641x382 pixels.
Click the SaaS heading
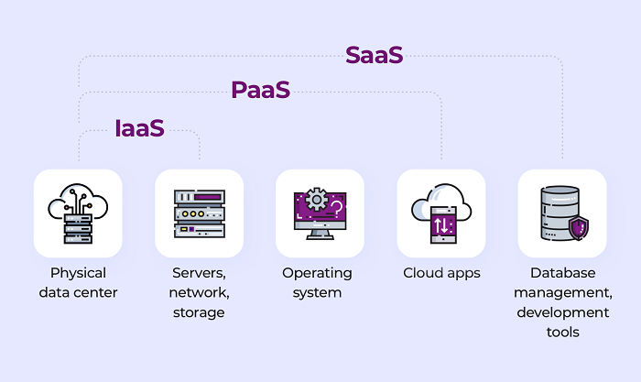pyautogui.click(x=374, y=55)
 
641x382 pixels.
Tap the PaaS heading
pyautogui.click(x=261, y=90)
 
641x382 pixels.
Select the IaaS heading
pyautogui.click(x=140, y=127)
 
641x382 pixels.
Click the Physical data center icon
pyautogui.click(x=78, y=213)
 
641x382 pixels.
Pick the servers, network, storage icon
pyautogui.click(x=199, y=213)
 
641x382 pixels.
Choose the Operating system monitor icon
pyautogui.click(x=320, y=213)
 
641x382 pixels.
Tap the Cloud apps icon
pyautogui.click(x=440, y=213)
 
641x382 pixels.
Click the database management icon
pyautogui.click(x=561, y=213)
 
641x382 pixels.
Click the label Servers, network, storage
pyautogui.click(x=199, y=293)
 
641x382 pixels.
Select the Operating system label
pyautogui.click(x=317, y=283)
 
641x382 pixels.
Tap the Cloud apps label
pyautogui.click(x=441, y=273)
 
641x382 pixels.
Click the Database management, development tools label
pyautogui.click(x=561, y=303)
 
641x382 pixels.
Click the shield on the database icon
pyautogui.click(x=578, y=227)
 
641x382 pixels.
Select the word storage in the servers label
pyautogui.click(x=199, y=313)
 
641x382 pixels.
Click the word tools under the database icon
pyautogui.click(x=561, y=333)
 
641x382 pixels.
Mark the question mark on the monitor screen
pyautogui.click(x=337, y=209)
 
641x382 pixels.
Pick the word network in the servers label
pyautogui.click(x=199, y=293)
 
